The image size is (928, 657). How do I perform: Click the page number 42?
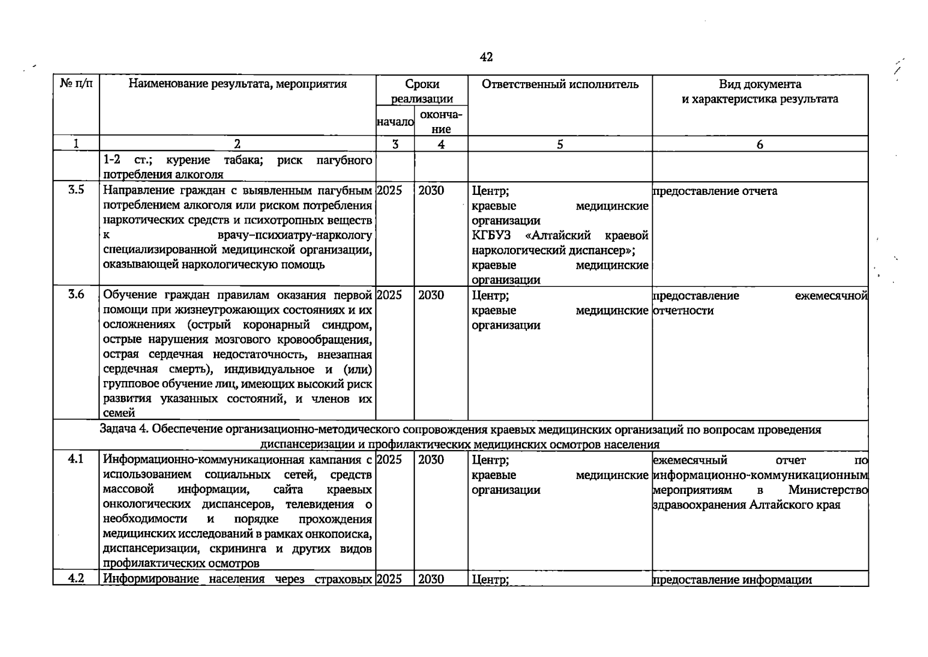[x=486, y=57]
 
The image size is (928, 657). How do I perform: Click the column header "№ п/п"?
[x=76, y=84]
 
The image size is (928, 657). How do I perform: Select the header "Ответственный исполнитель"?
[x=560, y=84]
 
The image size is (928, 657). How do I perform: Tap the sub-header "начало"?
[x=395, y=122]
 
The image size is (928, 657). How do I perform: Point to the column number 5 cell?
[x=560, y=144]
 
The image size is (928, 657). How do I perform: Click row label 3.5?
[x=76, y=191]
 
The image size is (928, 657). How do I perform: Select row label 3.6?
[x=76, y=295]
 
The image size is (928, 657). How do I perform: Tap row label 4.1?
[x=76, y=459]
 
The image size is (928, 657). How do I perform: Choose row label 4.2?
[x=76, y=579]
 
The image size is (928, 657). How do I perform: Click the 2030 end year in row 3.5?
[x=431, y=191]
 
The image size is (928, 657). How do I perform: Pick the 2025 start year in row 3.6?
[x=390, y=295]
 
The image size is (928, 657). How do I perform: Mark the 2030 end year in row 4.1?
[x=431, y=460]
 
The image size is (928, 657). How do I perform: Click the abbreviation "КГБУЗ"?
[x=491, y=236]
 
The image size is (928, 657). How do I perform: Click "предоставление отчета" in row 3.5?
[x=715, y=191]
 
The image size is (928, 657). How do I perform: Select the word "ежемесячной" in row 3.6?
[x=831, y=296]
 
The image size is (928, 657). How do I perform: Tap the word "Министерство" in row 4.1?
[x=828, y=490]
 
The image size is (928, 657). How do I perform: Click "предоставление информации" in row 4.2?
[x=732, y=580]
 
